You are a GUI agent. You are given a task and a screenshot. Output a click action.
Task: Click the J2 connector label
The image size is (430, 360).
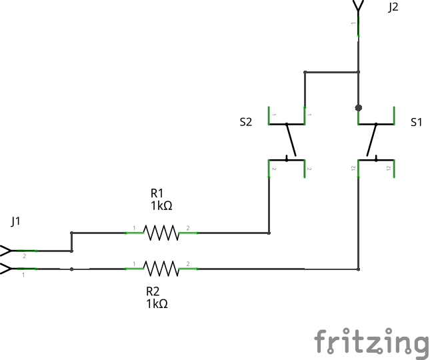click(x=393, y=7)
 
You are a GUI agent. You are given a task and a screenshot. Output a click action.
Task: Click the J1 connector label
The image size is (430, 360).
click(x=16, y=221)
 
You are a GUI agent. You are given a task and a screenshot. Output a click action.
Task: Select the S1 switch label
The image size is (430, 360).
click(x=416, y=122)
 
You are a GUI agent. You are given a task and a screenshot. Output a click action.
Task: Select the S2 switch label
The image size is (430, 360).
click(x=246, y=122)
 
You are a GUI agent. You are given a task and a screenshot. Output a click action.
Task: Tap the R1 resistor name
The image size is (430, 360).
click(x=158, y=193)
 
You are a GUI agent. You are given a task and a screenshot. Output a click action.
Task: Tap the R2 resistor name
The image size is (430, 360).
click(x=153, y=291)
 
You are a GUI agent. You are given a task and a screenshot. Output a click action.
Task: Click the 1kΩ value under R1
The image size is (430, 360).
click(x=161, y=206)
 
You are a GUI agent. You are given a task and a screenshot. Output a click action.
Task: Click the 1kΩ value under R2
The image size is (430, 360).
click(x=157, y=304)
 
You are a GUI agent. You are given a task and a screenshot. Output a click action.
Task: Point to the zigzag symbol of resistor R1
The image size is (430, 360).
click(x=161, y=233)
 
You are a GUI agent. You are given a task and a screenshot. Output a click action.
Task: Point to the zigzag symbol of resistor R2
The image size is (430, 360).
click(x=161, y=269)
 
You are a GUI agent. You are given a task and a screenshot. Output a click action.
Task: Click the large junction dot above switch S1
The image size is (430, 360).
click(x=359, y=107)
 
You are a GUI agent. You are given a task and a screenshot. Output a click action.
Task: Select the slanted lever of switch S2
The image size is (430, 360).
click(x=291, y=141)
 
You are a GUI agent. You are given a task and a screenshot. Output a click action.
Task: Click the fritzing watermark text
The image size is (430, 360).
click(x=371, y=342)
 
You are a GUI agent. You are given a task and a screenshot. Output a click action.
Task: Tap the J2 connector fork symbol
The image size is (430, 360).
click(x=359, y=6)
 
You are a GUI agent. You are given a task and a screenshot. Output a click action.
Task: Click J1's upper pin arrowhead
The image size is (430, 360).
click(x=6, y=251)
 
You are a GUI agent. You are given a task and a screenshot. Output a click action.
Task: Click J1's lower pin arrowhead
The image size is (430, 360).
click(x=6, y=269)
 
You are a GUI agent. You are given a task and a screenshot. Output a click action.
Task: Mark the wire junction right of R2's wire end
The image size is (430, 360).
click(x=359, y=269)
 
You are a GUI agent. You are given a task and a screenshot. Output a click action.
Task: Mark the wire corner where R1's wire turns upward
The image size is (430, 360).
click(x=269, y=233)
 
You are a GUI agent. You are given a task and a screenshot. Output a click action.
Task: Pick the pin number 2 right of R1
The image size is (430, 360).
click(x=188, y=229)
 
